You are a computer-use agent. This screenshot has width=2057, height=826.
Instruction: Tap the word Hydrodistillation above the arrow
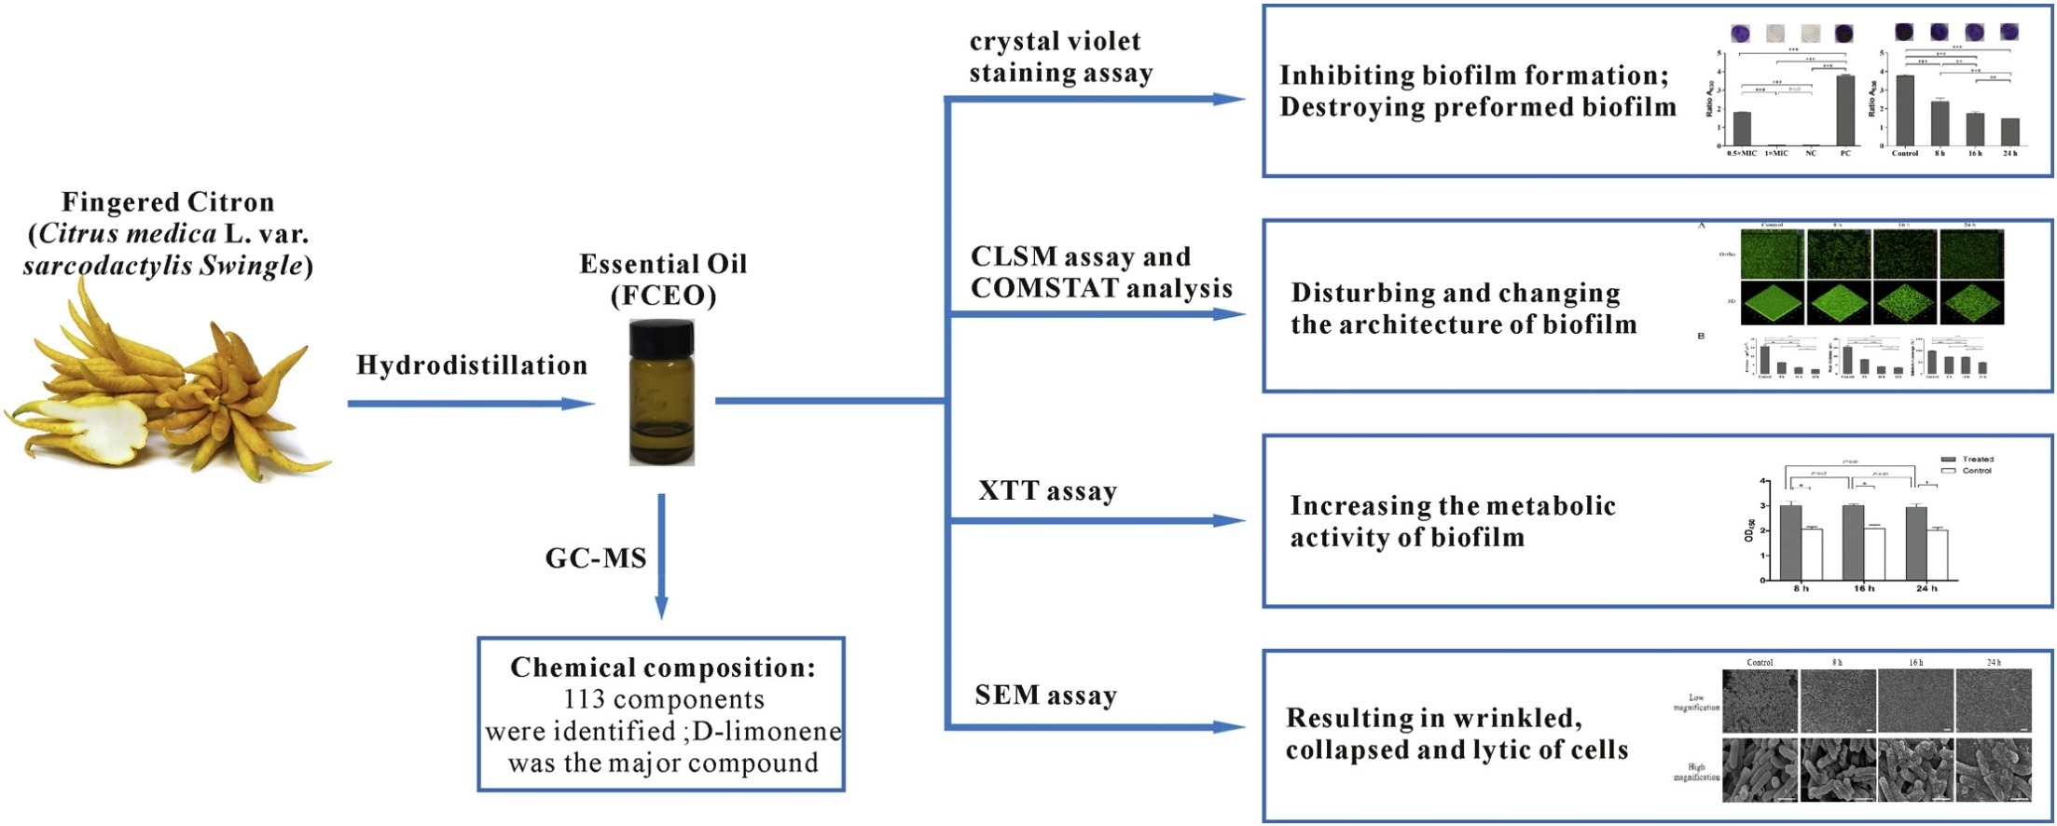[472, 365]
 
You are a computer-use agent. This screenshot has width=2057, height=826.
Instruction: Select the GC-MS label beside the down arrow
[596, 558]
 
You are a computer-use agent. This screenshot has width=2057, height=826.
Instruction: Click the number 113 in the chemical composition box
[585, 699]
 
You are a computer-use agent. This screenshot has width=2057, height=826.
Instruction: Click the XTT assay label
[1047, 491]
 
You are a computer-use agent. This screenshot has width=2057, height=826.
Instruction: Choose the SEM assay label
[1045, 695]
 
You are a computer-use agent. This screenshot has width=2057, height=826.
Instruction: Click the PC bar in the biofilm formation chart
[1845, 110]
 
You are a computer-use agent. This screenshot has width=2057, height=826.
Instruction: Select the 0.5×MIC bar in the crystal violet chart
[1741, 129]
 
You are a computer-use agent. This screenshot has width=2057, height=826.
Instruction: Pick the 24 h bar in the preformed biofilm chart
[2009, 131]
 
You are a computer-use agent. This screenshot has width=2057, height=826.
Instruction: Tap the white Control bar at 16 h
[1874, 554]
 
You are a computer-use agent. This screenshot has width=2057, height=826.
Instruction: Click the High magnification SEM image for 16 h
[1915, 770]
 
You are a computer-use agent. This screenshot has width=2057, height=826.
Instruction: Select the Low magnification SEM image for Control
[1760, 700]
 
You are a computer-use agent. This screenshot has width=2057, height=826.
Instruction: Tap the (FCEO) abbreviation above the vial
[664, 296]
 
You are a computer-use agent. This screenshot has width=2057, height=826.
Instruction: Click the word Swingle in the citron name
[255, 266]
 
